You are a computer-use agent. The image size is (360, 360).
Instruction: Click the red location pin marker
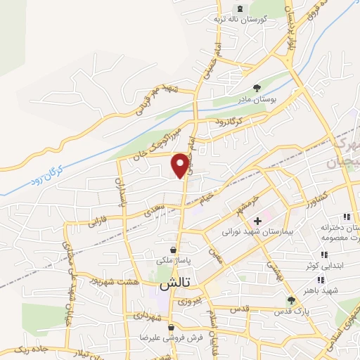pyautogui.click(x=181, y=165)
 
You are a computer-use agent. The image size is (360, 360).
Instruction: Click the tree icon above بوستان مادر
pyautogui.click(x=257, y=89)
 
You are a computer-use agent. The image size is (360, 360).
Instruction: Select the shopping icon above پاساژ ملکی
pyautogui.click(x=174, y=248)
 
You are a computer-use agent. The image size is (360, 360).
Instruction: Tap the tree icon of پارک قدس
pyautogui.click(x=292, y=300)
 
